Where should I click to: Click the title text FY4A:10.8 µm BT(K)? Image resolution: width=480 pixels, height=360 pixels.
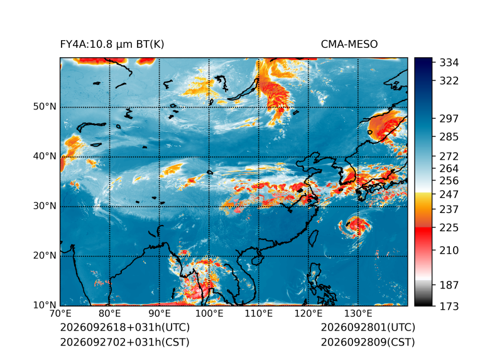pyautogui.click(x=112, y=45)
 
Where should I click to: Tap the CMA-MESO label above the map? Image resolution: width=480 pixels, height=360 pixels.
pyautogui.click(x=349, y=45)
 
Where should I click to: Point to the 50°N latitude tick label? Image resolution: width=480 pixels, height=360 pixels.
pyautogui.click(x=45, y=107)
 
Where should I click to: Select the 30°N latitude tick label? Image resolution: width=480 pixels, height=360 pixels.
pyautogui.click(x=45, y=205)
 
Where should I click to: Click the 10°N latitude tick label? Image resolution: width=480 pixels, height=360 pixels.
pyautogui.click(x=45, y=305)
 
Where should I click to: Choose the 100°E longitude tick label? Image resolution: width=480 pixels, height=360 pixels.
pyautogui.click(x=209, y=314)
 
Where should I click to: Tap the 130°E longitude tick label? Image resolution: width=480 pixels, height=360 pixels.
pyautogui.click(x=359, y=314)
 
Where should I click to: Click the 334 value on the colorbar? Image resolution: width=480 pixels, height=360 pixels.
pyautogui.click(x=449, y=63)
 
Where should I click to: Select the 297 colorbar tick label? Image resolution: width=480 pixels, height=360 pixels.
pyautogui.click(x=449, y=119)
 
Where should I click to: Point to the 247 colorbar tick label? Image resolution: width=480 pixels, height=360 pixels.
pyautogui.click(x=449, y=194)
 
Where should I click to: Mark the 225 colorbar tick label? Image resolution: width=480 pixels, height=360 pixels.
pyautogui.click(x=449, y=228)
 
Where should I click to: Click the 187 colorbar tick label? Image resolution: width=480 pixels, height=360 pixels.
pyautogui.click(x=449, y=285)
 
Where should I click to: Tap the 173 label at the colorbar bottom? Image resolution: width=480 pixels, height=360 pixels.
pyautogui.click(x=449, y=306)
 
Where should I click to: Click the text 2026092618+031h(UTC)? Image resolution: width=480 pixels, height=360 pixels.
pyautogui.click(x=125, y=327)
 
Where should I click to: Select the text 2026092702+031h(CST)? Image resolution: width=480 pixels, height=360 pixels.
pyautogui.click(x=125, y=342)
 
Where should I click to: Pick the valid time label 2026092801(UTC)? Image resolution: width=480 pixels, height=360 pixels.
pyautogui.click(x=368, y=327)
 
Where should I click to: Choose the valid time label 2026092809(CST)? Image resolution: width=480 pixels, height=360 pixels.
pyautogui.click(x=368, y=342)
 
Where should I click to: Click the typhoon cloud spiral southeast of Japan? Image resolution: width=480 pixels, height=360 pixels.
pyautogui.click(x=356, y=226)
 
